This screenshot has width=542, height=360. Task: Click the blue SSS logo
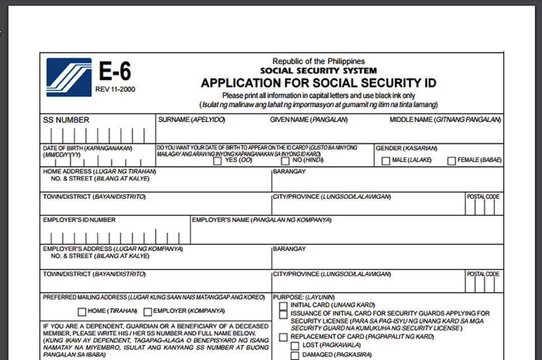tap(68, 77)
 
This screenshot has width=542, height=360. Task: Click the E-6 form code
tap(115, 72)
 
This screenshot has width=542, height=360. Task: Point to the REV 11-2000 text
tap(115, 89)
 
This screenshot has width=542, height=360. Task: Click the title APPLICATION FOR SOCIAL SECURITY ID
tap(318, 83)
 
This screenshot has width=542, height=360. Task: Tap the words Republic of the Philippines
tap(318, 61)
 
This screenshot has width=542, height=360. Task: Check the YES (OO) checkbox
tap(217, 161)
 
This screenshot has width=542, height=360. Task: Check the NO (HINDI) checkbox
tap(285, 161)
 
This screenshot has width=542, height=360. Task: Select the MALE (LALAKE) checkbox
tap(386, 161)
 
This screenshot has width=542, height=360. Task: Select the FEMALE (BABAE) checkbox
tap(451, 161)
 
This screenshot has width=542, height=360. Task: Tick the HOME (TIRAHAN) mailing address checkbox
tap(82, 312)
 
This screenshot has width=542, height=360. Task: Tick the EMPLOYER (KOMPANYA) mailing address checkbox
tap(148, 312)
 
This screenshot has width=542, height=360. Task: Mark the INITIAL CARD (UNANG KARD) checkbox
tap(283, 306)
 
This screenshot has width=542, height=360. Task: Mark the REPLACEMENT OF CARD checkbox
tap(283, 337)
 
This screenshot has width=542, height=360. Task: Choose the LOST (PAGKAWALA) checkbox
tap(294, 346)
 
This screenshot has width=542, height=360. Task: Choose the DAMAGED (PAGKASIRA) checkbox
tap(294, 356)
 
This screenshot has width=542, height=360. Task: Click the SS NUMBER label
tap(66, 120)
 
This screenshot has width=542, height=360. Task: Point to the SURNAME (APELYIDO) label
tap(191, 120)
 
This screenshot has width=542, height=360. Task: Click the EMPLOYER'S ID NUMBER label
tap(79, 220)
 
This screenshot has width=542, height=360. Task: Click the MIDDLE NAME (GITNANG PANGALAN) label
tap(445, 120)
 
